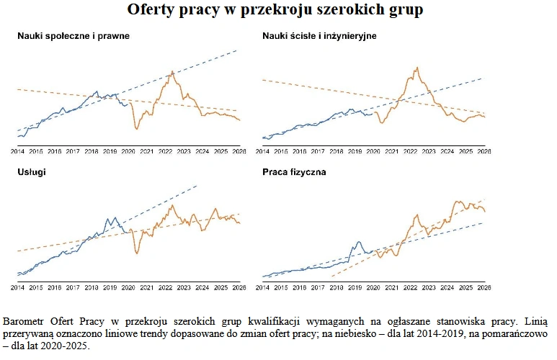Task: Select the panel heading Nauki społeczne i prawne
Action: pos(73,35)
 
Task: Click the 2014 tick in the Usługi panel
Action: pos(17,287)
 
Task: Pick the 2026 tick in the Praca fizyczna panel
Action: pos(485,287)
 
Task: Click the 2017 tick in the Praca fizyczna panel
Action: pos(318,287)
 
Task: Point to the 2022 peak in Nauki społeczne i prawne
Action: pos(171,72)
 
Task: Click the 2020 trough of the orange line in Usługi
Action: pos(137,253)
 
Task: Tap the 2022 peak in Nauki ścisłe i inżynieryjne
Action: pos(416,68)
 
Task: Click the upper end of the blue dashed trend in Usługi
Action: pos(196,186)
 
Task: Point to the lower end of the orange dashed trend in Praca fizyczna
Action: pos(331,276)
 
